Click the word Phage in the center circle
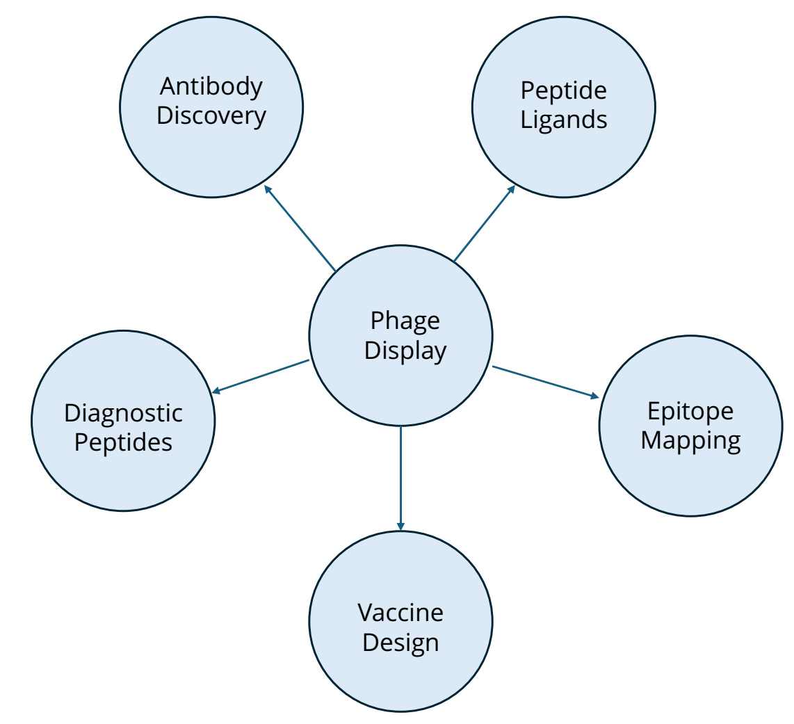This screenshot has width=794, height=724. pyautogui.click(x=405, y=321)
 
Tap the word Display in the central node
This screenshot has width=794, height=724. pyautogui.click(x=405, y=351)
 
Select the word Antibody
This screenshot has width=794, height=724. pyautogui.click(x=211, y=87)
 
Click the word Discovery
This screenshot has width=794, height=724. pyautogui.click(x=211, y=115)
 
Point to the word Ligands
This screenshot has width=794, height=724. pyautogui.click(x=564, y=120)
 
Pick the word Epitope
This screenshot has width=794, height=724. pyautogui.click(x=690, y=411)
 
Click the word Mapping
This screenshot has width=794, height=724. pyautogui.click(x=690, y=440)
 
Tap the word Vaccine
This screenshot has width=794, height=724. pyautogui.click(x=400, y=613)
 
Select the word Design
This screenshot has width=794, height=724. pyautogui.click(x=400, y=642)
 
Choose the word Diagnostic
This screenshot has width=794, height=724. pyautogui.click(x=123, y=413)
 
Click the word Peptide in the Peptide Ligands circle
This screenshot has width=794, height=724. pyautogui.click(x=564, y=90)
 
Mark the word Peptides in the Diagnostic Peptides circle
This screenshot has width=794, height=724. pyautogui.click(x=123, y=442)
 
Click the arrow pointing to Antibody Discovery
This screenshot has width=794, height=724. pyautogui.click(x=300, y=228)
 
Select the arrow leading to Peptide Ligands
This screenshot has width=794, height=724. pyautogui.click(x=484, y=223)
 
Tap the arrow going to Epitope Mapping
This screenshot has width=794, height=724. pyautogui.click(x=546, y=382)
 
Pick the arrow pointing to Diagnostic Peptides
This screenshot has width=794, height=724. pyautogui.click(x=261, y=376)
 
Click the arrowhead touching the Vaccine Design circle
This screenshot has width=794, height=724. pyautogui.click(x=400, y=526)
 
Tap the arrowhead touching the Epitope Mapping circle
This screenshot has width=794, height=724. pyautogui.click(x=594, y=396)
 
